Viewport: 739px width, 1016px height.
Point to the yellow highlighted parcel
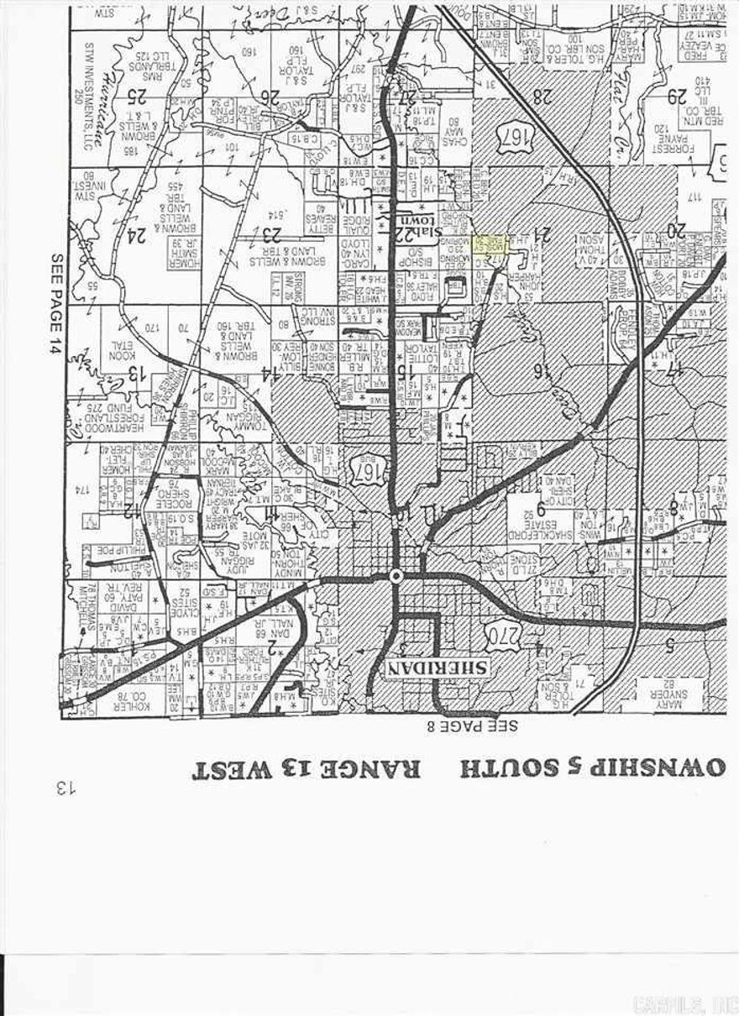pos(489,246)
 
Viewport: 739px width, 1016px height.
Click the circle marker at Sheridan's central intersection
pos(396,576)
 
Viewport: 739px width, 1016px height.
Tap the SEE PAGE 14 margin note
pos(57,304)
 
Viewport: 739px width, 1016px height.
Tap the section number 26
pos(268,97)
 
